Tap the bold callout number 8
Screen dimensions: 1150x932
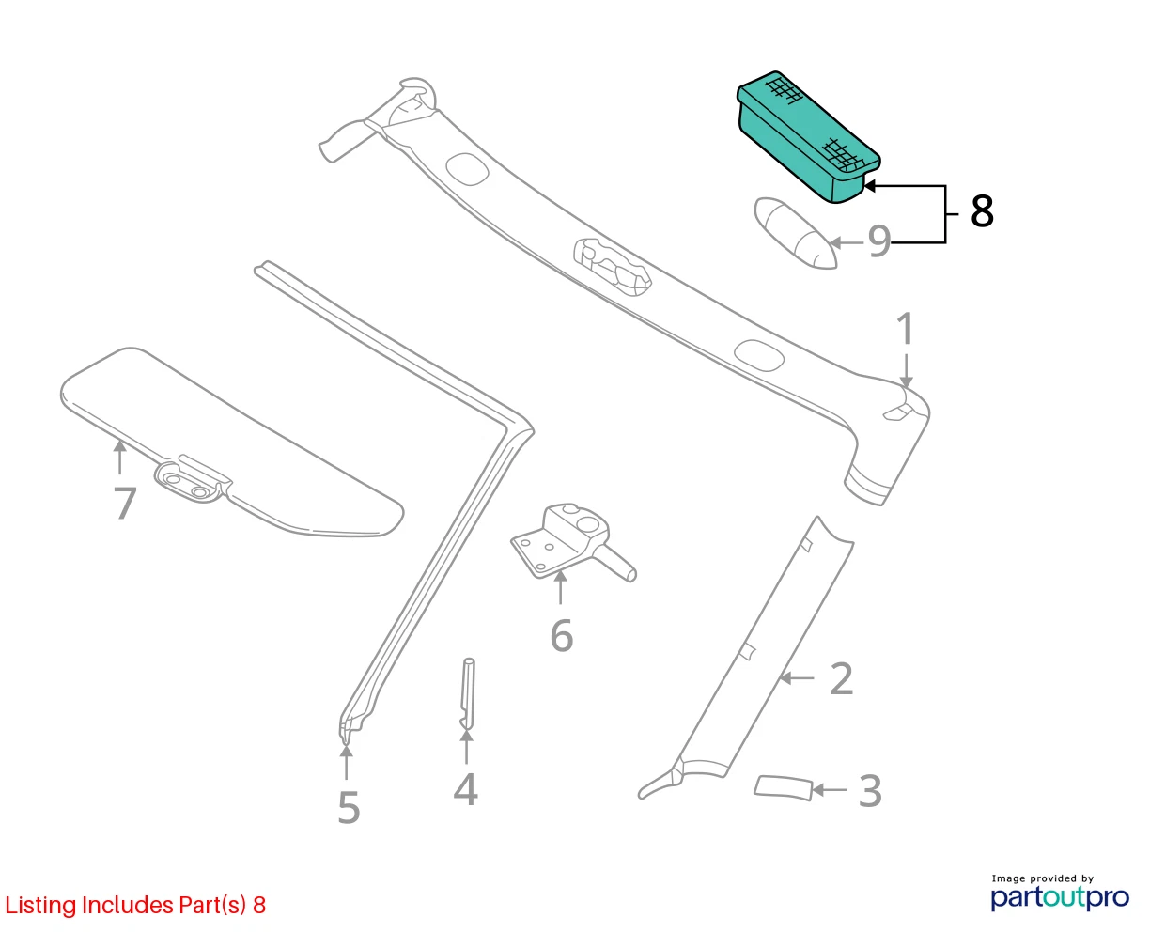tap(982, 211)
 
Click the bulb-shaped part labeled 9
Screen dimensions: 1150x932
tap(795, 233)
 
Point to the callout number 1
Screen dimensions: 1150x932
tap(906, 328)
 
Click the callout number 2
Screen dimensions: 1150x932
tap(841, 678)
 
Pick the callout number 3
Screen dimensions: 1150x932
tap(870, 791)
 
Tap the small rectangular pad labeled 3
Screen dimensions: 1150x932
tap(783, 788)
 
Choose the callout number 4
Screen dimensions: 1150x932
tap(465, 789)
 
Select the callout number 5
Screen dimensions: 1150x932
tap(349, 807)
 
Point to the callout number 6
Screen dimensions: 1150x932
tap(561, 635)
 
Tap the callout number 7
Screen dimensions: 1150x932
tap(125, 503)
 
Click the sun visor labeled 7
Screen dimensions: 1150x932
tap(232, 442)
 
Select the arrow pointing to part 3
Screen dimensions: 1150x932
tap(830, 790)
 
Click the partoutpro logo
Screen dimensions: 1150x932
tap(1059, 897)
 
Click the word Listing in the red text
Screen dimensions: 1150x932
tap(40, 906)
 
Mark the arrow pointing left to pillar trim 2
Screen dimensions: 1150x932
tap(797, 677)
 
